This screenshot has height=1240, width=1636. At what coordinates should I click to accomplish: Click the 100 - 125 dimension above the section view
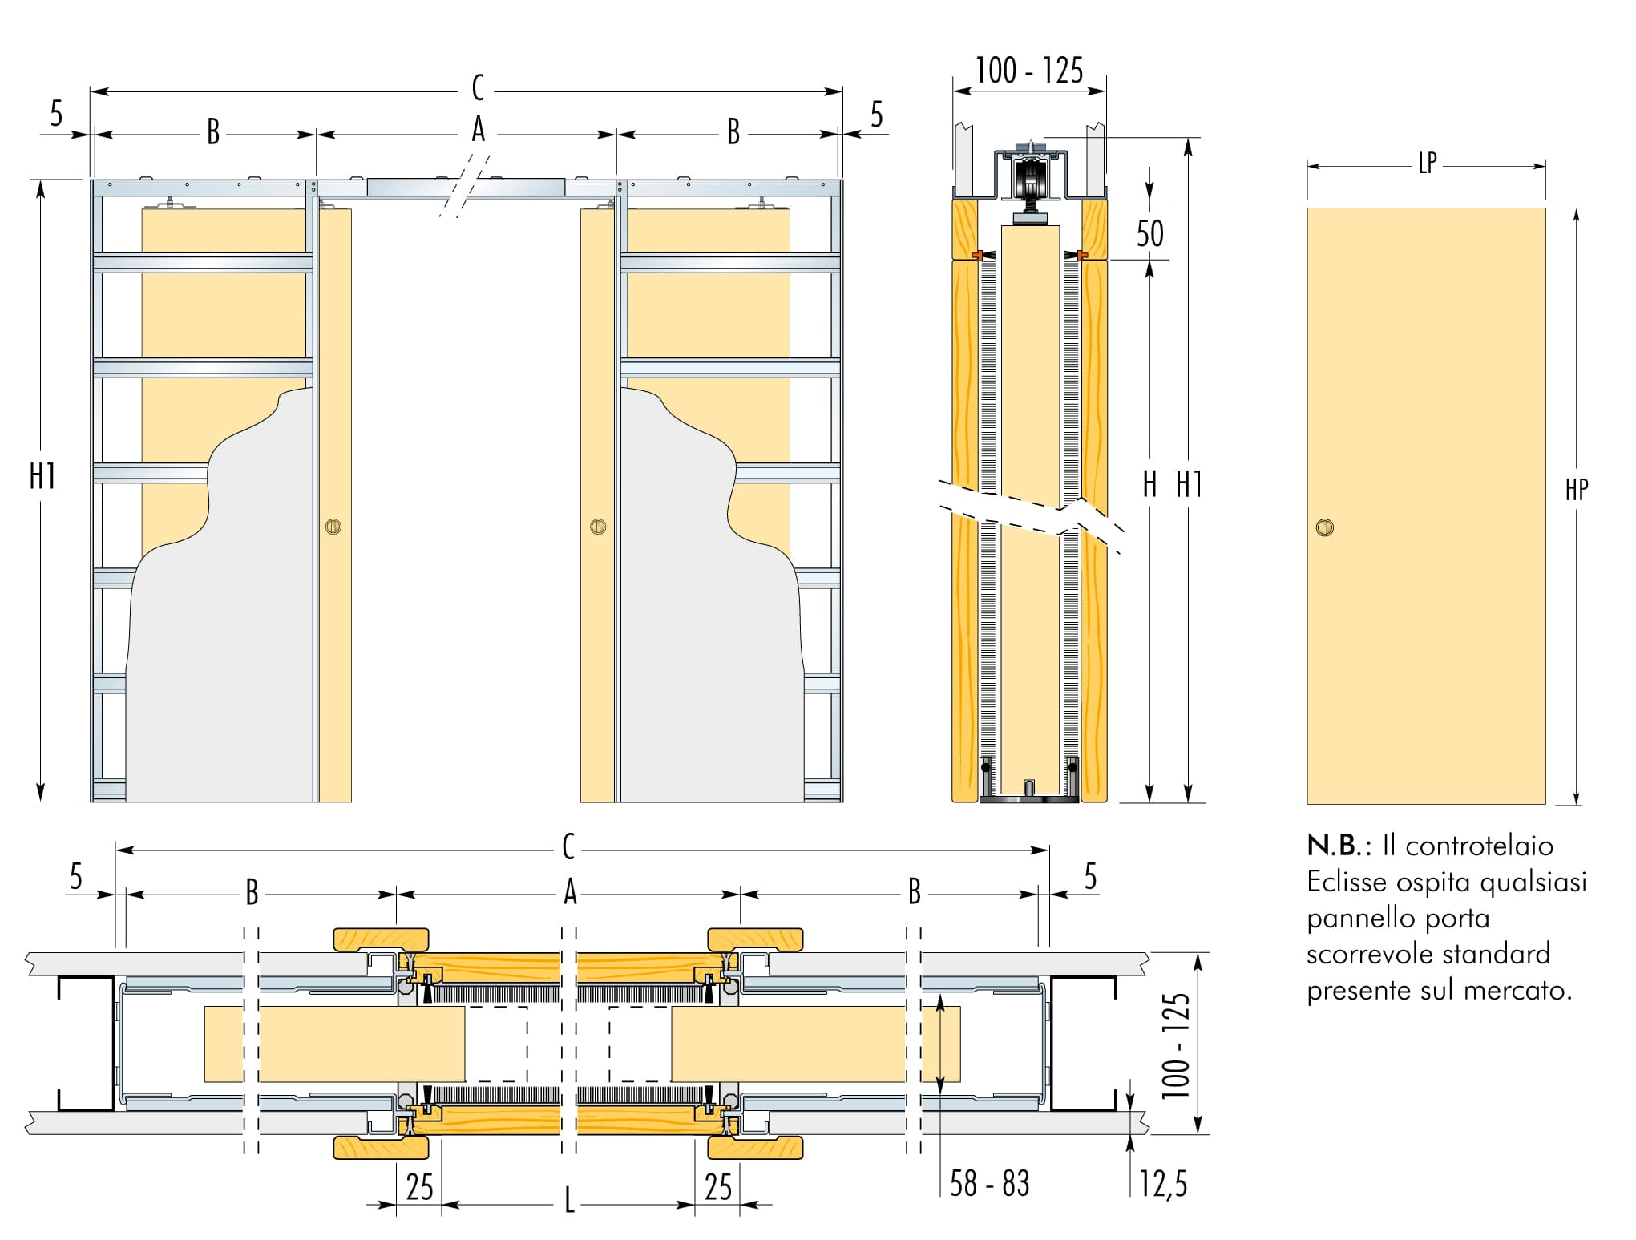[1029, 71]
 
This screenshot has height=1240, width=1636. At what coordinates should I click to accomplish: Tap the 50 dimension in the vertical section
[1149, 233]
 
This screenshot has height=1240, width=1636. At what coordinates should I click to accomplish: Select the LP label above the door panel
[1427, 164]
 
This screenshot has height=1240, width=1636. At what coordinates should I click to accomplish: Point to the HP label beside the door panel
[1576, 490]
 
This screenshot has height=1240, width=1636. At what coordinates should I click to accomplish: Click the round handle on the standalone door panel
[1324, 528]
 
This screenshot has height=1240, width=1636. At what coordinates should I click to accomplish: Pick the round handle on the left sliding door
[333, 527]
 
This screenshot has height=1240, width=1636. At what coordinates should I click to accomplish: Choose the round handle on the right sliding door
[597, 527]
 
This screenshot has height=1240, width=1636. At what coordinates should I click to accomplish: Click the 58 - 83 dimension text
[989, 1183]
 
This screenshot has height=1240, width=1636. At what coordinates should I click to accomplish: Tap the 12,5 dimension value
[1164, 1183]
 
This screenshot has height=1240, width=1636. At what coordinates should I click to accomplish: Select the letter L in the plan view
[569, 1201]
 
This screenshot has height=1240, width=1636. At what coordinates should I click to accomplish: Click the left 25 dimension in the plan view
[419, 1187]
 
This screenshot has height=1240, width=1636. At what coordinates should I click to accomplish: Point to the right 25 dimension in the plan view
[717, 1187]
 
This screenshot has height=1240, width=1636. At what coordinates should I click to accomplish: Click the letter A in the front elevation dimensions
[479, 129]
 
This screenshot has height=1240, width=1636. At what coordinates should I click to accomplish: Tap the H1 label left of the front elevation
[42, 476]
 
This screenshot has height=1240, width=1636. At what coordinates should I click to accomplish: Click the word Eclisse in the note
[1347, 883]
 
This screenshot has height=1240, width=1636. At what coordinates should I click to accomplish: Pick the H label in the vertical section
[1149, 484]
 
